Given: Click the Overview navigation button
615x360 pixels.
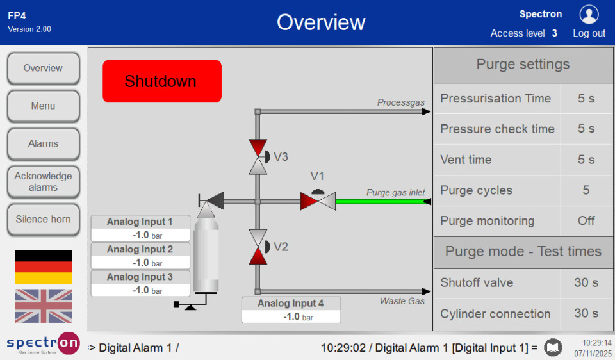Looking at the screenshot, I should pyautogui.click(x=43, y=68).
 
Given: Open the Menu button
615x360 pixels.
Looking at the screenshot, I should pyautogui.click(x=43, y=106).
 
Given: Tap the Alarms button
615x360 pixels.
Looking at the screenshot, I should pyautogui.click(x=43, y=143).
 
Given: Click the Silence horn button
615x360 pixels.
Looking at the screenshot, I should pyautogui.click(x=43, y=219).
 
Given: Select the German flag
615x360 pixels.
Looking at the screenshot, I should pyautogui.click(x=44, y=266).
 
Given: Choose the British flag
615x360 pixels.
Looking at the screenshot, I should pyautogui.click(x=44, y=306).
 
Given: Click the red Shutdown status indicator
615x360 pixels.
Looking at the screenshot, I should pyautogui.click(x=161, y=81).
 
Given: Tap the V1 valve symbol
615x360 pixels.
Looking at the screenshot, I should pyautogui.click(x=318, y=200).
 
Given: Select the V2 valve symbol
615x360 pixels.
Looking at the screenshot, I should pyautogui.click(x=258, y=247).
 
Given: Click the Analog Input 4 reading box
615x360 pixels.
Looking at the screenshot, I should pyautogui.click(x=291, y=310).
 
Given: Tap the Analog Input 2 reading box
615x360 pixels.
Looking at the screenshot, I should pyautogui.click(x=140, y=256).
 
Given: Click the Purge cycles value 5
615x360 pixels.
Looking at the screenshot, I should pyautogui.click(x=586, y=190).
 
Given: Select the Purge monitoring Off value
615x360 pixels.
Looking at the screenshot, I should pyautogui.click(x=586, y=221).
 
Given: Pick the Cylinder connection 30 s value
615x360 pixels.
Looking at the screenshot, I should pyautogui.click(x=586, y=313).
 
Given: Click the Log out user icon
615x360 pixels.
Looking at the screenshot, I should pyautogui.click(x=589, y=15).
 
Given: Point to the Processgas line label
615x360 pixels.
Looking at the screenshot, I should pyautogui.click(x=400, y=102).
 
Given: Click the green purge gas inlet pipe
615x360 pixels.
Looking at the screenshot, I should pyautogui.click(x=381, y=201).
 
